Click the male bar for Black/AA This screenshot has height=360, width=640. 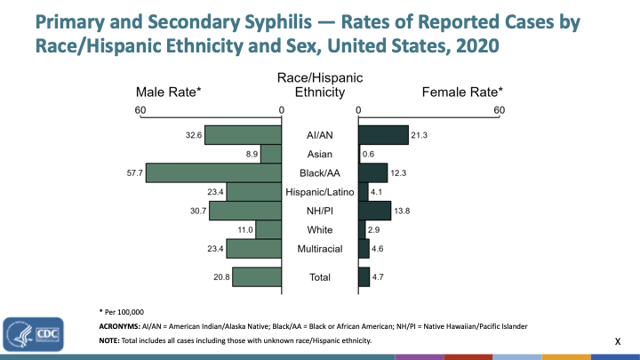click(x=213, y=172)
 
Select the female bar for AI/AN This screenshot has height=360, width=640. click(x=383, y=135)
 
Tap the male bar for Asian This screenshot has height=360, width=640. click(x=271, y=154)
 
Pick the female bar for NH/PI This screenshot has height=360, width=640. click(x=374, y=210)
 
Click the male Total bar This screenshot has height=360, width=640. click(x=257, y=276)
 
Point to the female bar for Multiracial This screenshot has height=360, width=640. click(x=364, y=248)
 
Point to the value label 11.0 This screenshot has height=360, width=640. click(x=244, y=229)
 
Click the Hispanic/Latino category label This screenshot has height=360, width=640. click(x=319, y=192)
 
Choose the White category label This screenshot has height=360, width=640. click(x=319, y=229)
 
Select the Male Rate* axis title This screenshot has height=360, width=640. click(x=168, y=92)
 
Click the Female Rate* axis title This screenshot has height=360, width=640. click(x=462, y=92)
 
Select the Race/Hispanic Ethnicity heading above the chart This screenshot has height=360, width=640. click(x=320, y=85)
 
